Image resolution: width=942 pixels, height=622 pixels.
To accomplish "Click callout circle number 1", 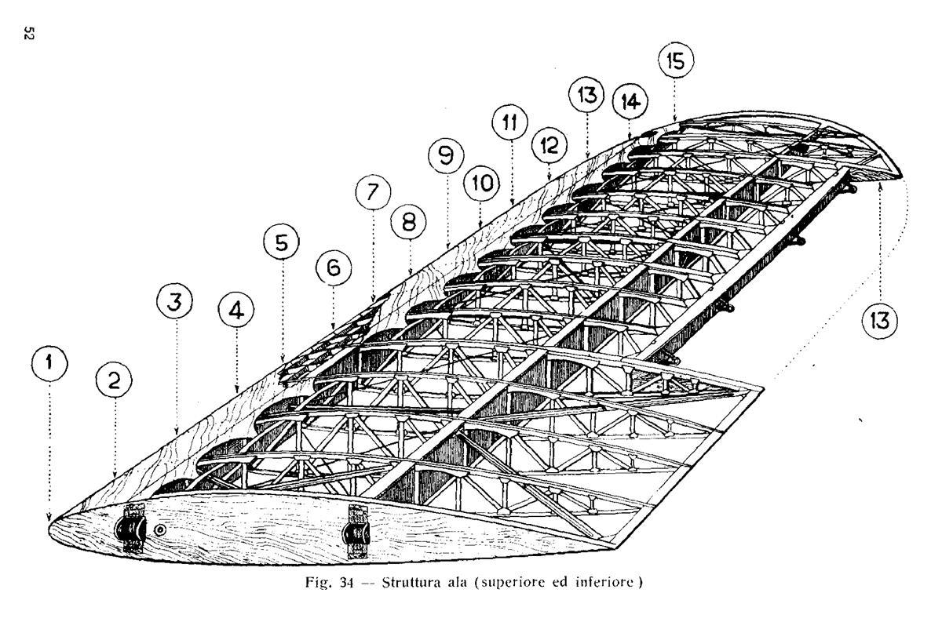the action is [x=49, y=363].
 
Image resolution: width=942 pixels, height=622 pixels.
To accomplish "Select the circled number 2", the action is [x=114, y=380].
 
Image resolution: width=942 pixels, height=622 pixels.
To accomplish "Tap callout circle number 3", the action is [x=174, y=301].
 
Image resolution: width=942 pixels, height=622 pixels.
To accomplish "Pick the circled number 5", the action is [x=281, y=242].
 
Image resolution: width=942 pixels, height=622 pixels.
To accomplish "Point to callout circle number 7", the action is [x=373, y=192].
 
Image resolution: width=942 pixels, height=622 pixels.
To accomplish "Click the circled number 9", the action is [x=446, y=155].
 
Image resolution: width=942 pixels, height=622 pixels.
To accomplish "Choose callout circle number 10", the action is [x=481, y=183].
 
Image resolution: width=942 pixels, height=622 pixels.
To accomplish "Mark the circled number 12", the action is [x=549, y=145].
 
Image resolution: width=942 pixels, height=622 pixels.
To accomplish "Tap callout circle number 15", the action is [x=676, y=60].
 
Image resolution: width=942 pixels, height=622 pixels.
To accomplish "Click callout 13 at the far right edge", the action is [x=880, y=321].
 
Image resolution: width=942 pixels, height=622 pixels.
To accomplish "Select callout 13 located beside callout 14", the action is [x=586, y=95].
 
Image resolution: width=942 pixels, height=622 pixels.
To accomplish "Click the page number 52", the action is [x=28, y=33].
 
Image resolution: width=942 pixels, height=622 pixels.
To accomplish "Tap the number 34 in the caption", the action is [x=346, y=584].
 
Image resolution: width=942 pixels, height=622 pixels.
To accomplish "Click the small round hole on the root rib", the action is [x=160, y=530].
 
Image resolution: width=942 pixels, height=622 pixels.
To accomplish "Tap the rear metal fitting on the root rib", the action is [x=356, y=533].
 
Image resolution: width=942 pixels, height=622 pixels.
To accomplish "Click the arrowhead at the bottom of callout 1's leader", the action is [x=49, y=517].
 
